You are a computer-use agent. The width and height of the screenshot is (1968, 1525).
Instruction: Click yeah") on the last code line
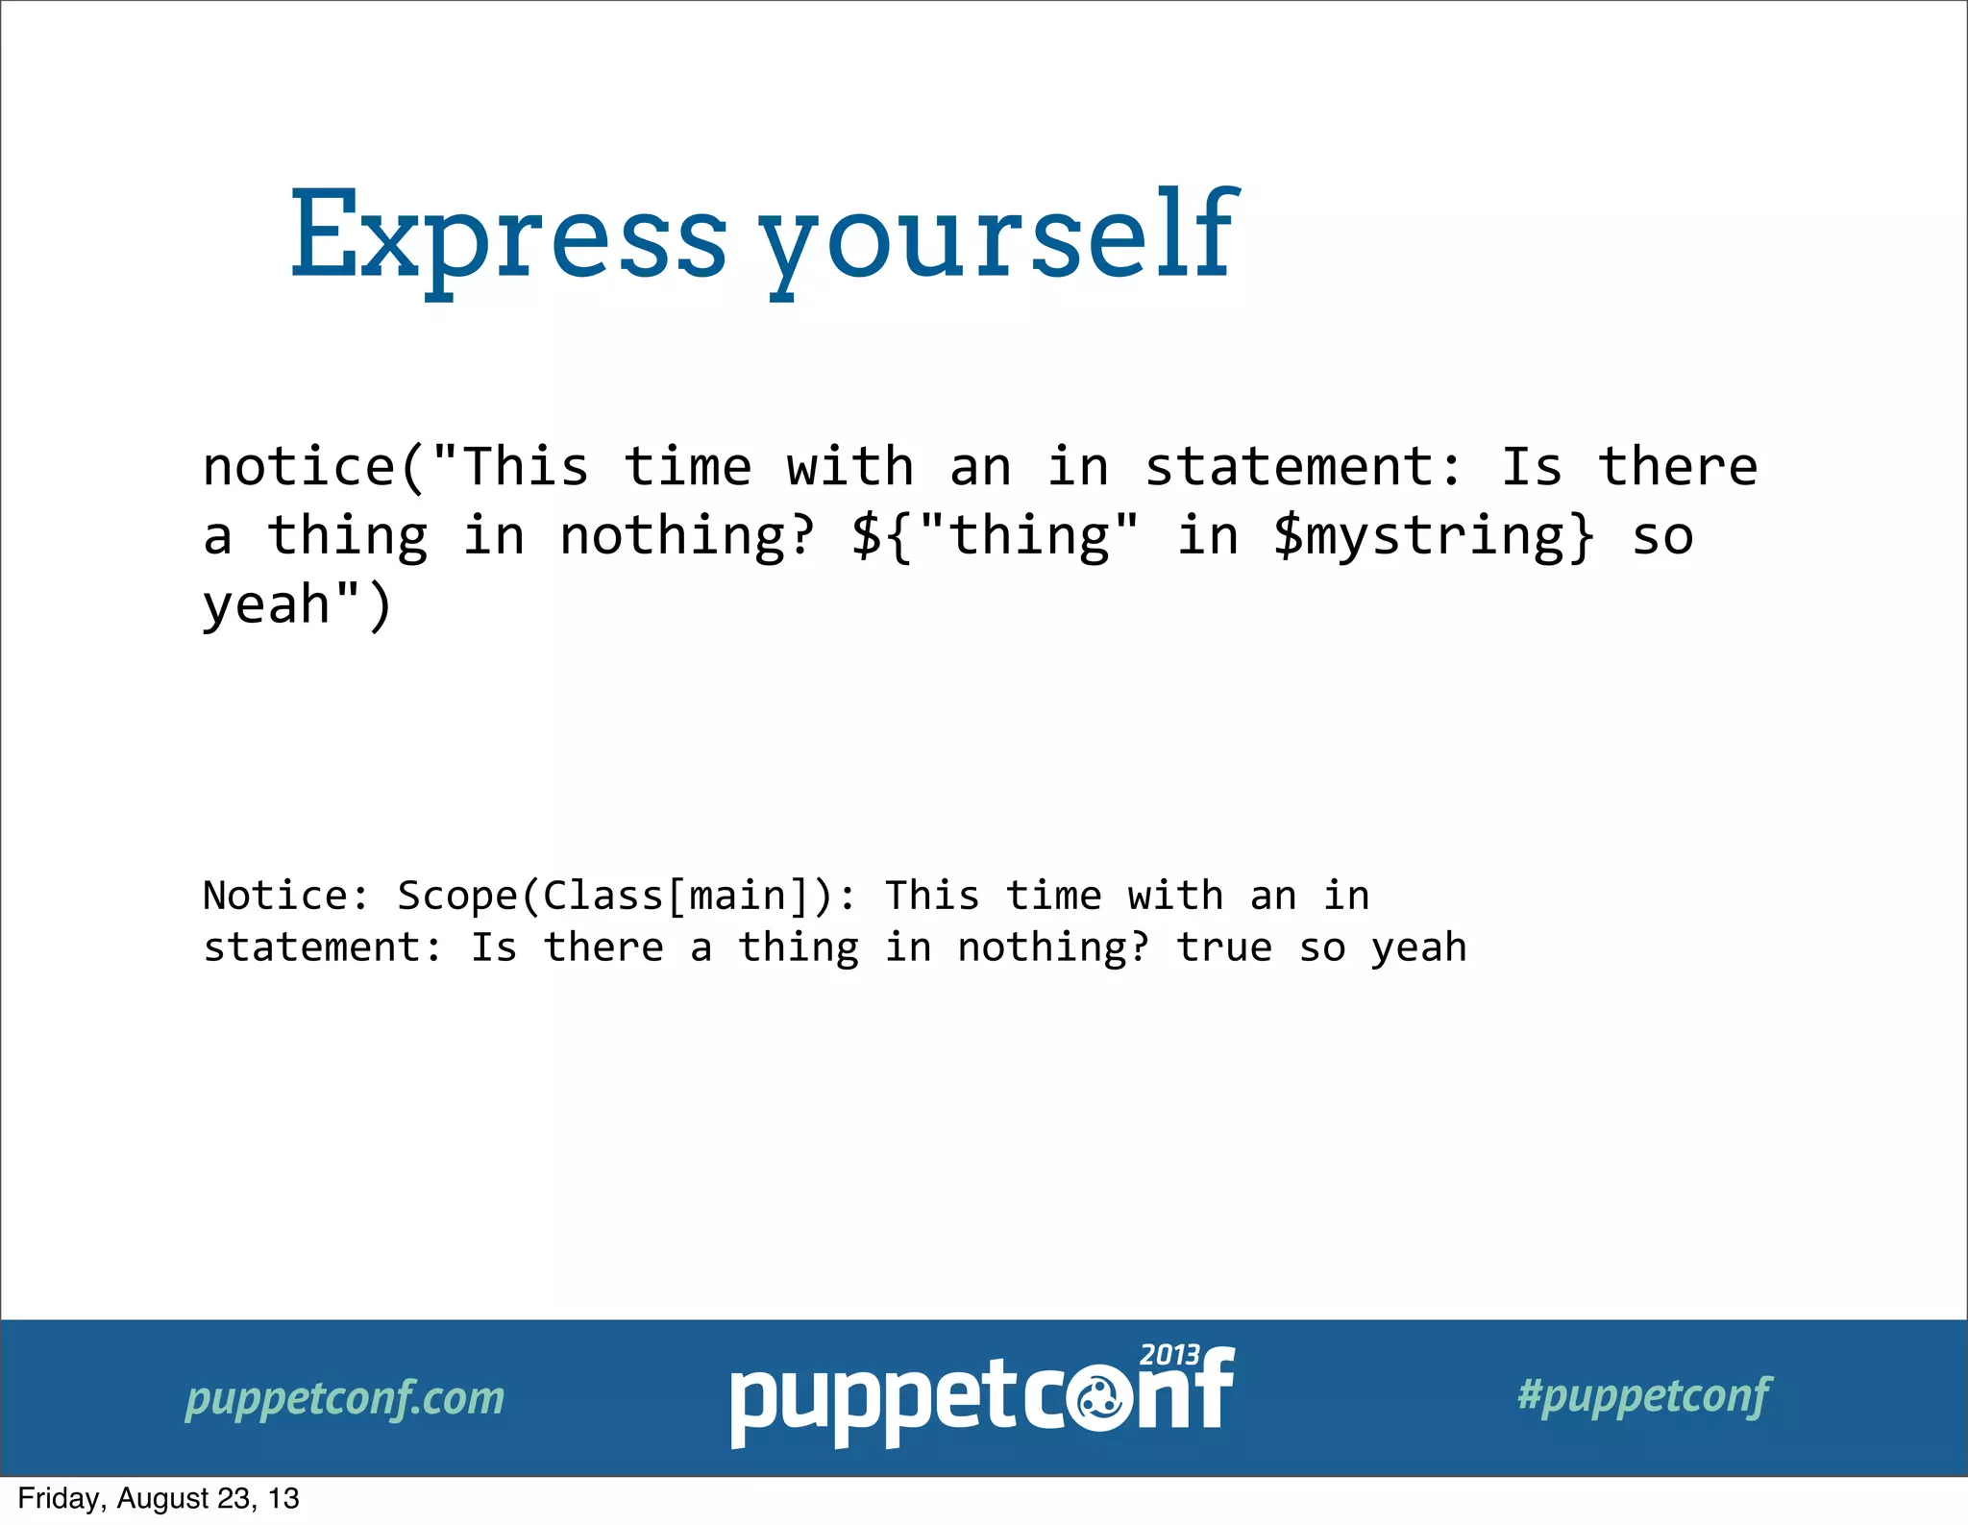[298, 605]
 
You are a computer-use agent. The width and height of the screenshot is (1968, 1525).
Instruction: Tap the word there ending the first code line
[1678, 468]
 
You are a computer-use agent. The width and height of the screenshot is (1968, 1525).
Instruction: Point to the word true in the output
[1224, 948]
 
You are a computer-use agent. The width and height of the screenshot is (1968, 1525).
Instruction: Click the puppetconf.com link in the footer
[345, 1398]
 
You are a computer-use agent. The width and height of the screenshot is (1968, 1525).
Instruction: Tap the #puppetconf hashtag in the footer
[1644, 1395]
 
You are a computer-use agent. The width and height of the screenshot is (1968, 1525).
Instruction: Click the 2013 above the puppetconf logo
[1169, 1355]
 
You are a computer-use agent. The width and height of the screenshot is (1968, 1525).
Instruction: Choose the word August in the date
[161, 1499]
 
